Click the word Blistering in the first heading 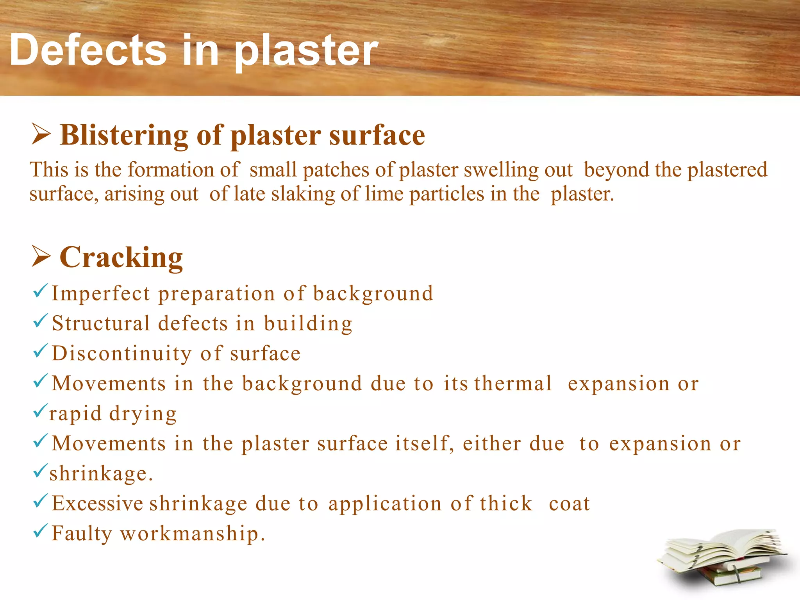click(x=124, y=136)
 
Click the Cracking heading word click(x=121, y=258)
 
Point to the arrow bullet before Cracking click(x=41, y=257)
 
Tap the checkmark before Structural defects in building click(x=40, y=321)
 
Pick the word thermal click(x=513, y=384)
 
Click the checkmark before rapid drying click(x=40, y=411)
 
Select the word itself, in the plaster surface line click(x=425, y=444)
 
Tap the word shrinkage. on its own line click(x=101, y=474)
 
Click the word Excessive click(x=98, y=504)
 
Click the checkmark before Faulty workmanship click(x=40, y=531)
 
